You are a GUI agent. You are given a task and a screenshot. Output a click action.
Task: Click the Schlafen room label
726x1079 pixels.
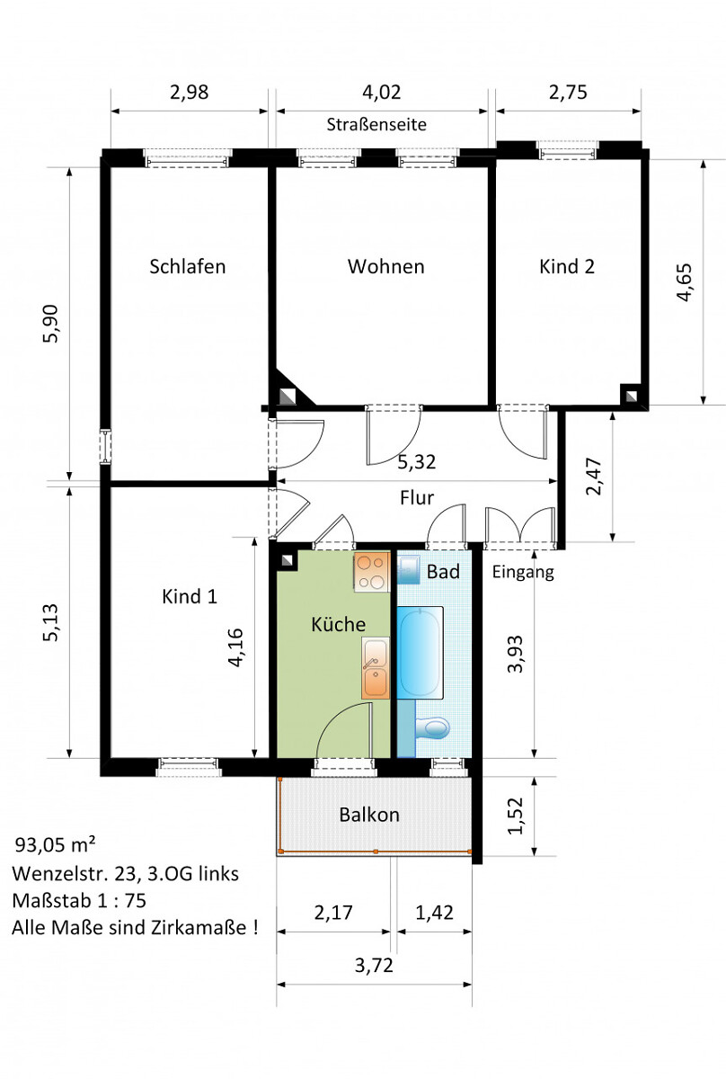[187, 266]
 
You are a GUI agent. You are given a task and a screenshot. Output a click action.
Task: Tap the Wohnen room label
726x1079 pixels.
[386, 266]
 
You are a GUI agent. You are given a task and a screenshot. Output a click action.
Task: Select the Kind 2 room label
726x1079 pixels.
[567, 266]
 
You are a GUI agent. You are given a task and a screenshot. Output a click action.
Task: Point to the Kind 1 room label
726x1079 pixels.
[190, 596]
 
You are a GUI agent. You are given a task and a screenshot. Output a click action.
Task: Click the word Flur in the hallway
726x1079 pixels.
[417, 497]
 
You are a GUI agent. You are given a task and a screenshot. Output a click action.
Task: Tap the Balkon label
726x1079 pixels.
[369, 815]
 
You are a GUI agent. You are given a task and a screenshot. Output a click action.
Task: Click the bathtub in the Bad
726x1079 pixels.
[420, 652]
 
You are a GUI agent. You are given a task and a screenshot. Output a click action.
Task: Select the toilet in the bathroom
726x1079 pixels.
[432, 728]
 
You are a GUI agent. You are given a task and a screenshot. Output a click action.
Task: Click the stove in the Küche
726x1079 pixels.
[372, 572]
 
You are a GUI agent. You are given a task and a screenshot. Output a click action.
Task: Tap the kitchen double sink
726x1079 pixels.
[375, 668]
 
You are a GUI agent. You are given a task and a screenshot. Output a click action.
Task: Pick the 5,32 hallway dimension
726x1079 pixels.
[416, 462]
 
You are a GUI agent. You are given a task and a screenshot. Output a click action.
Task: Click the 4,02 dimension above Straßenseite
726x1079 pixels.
[381, 92]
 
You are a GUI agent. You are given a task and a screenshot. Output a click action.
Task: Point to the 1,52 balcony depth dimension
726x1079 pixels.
[515, 816]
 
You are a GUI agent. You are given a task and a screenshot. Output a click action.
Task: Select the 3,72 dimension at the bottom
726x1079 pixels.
[374, 966]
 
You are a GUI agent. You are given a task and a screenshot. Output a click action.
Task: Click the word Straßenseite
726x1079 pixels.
[376, 124]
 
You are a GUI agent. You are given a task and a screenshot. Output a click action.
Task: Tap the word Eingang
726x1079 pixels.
[523, 572]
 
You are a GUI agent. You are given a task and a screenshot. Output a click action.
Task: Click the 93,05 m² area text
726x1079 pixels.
[56, 844]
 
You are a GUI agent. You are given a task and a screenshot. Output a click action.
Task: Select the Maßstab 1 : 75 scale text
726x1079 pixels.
[79, 900]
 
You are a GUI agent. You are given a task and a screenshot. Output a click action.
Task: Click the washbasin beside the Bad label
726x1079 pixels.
[409, 569]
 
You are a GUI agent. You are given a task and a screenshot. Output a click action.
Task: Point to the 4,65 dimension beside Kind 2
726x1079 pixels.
[684, 281]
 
